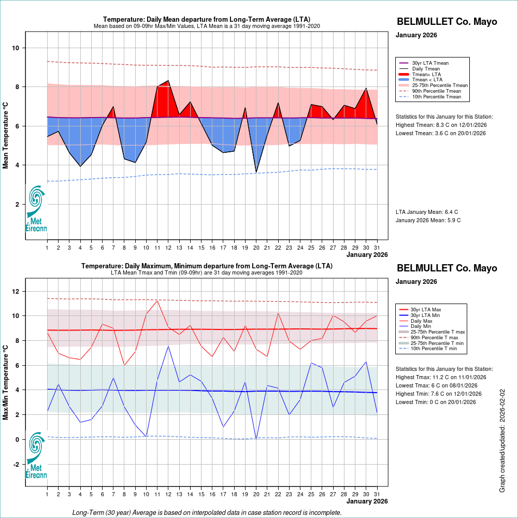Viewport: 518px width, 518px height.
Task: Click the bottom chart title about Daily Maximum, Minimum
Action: (x=207, y=266)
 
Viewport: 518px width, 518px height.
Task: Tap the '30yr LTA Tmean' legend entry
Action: (x=430, y=63)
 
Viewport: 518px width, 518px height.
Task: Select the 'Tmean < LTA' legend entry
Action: (x=427, y=80)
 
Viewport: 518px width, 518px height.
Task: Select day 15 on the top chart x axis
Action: (x=201, y=247)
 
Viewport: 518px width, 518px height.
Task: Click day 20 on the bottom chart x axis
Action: (x=256, y=494)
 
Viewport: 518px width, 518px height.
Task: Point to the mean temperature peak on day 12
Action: (x=168, y=81)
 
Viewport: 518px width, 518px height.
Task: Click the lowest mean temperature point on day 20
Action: (x=256, y=172)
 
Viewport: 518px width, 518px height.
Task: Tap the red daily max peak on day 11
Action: (x=157, y=300)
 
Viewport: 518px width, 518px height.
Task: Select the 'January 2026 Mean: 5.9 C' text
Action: (x=428, y=220)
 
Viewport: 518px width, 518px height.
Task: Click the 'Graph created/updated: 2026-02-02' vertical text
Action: (x=502, y=440)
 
